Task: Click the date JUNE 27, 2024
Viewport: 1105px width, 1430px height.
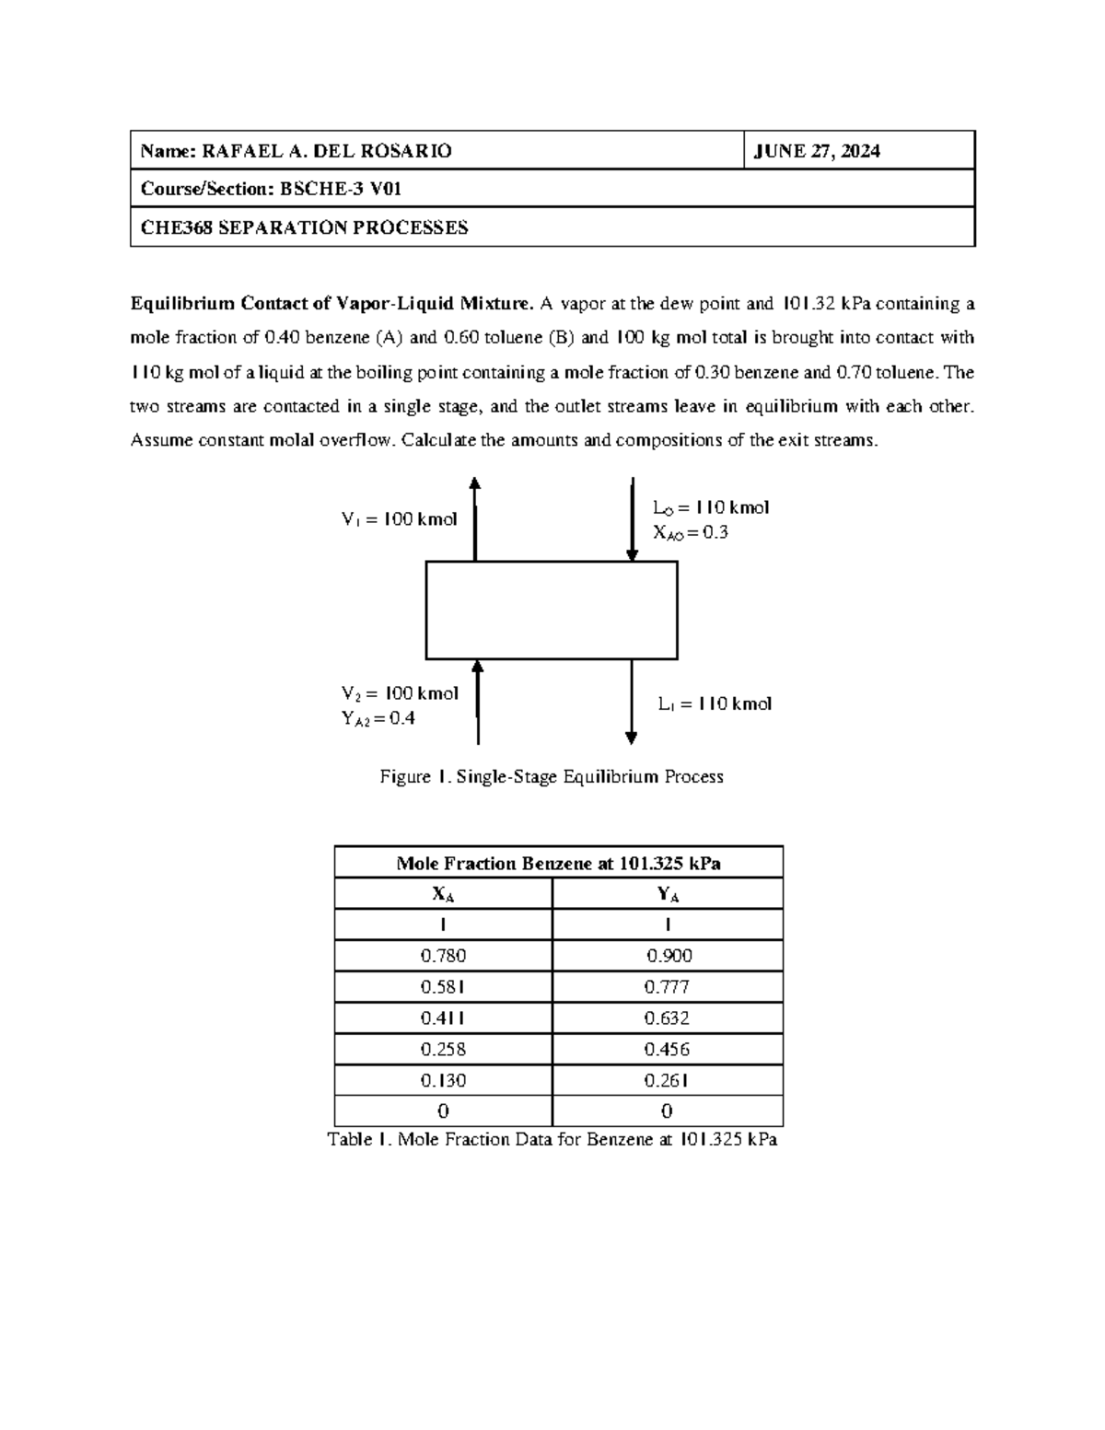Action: (817, 152)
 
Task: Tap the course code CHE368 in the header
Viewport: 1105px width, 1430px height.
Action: (173, 227)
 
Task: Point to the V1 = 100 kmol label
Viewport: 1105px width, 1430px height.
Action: (399, 519)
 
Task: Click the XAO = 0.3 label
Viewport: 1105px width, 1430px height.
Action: (691, 533)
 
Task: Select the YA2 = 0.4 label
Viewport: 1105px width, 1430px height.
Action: (378, 719)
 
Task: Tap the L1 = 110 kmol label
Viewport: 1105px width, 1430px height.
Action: (715, 704)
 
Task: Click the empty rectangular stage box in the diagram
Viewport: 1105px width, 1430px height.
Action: (551, 610)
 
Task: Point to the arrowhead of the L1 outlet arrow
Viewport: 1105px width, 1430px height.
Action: (632, 738)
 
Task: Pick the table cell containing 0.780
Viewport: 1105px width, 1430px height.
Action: (443, 956)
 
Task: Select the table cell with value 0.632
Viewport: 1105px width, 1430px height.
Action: (667, 1018)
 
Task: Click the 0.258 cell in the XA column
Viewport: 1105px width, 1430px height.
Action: (443, 1050)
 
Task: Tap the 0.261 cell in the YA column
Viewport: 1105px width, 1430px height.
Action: (667, 1081)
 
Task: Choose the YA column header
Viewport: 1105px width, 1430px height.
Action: (667, 894)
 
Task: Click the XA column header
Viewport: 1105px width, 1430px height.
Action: (443, 894)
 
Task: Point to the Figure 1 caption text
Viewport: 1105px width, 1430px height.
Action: (552, 777)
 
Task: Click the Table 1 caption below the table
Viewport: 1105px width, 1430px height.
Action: (552, 1140)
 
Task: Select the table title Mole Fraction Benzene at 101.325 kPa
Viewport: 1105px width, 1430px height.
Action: (558, 863)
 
